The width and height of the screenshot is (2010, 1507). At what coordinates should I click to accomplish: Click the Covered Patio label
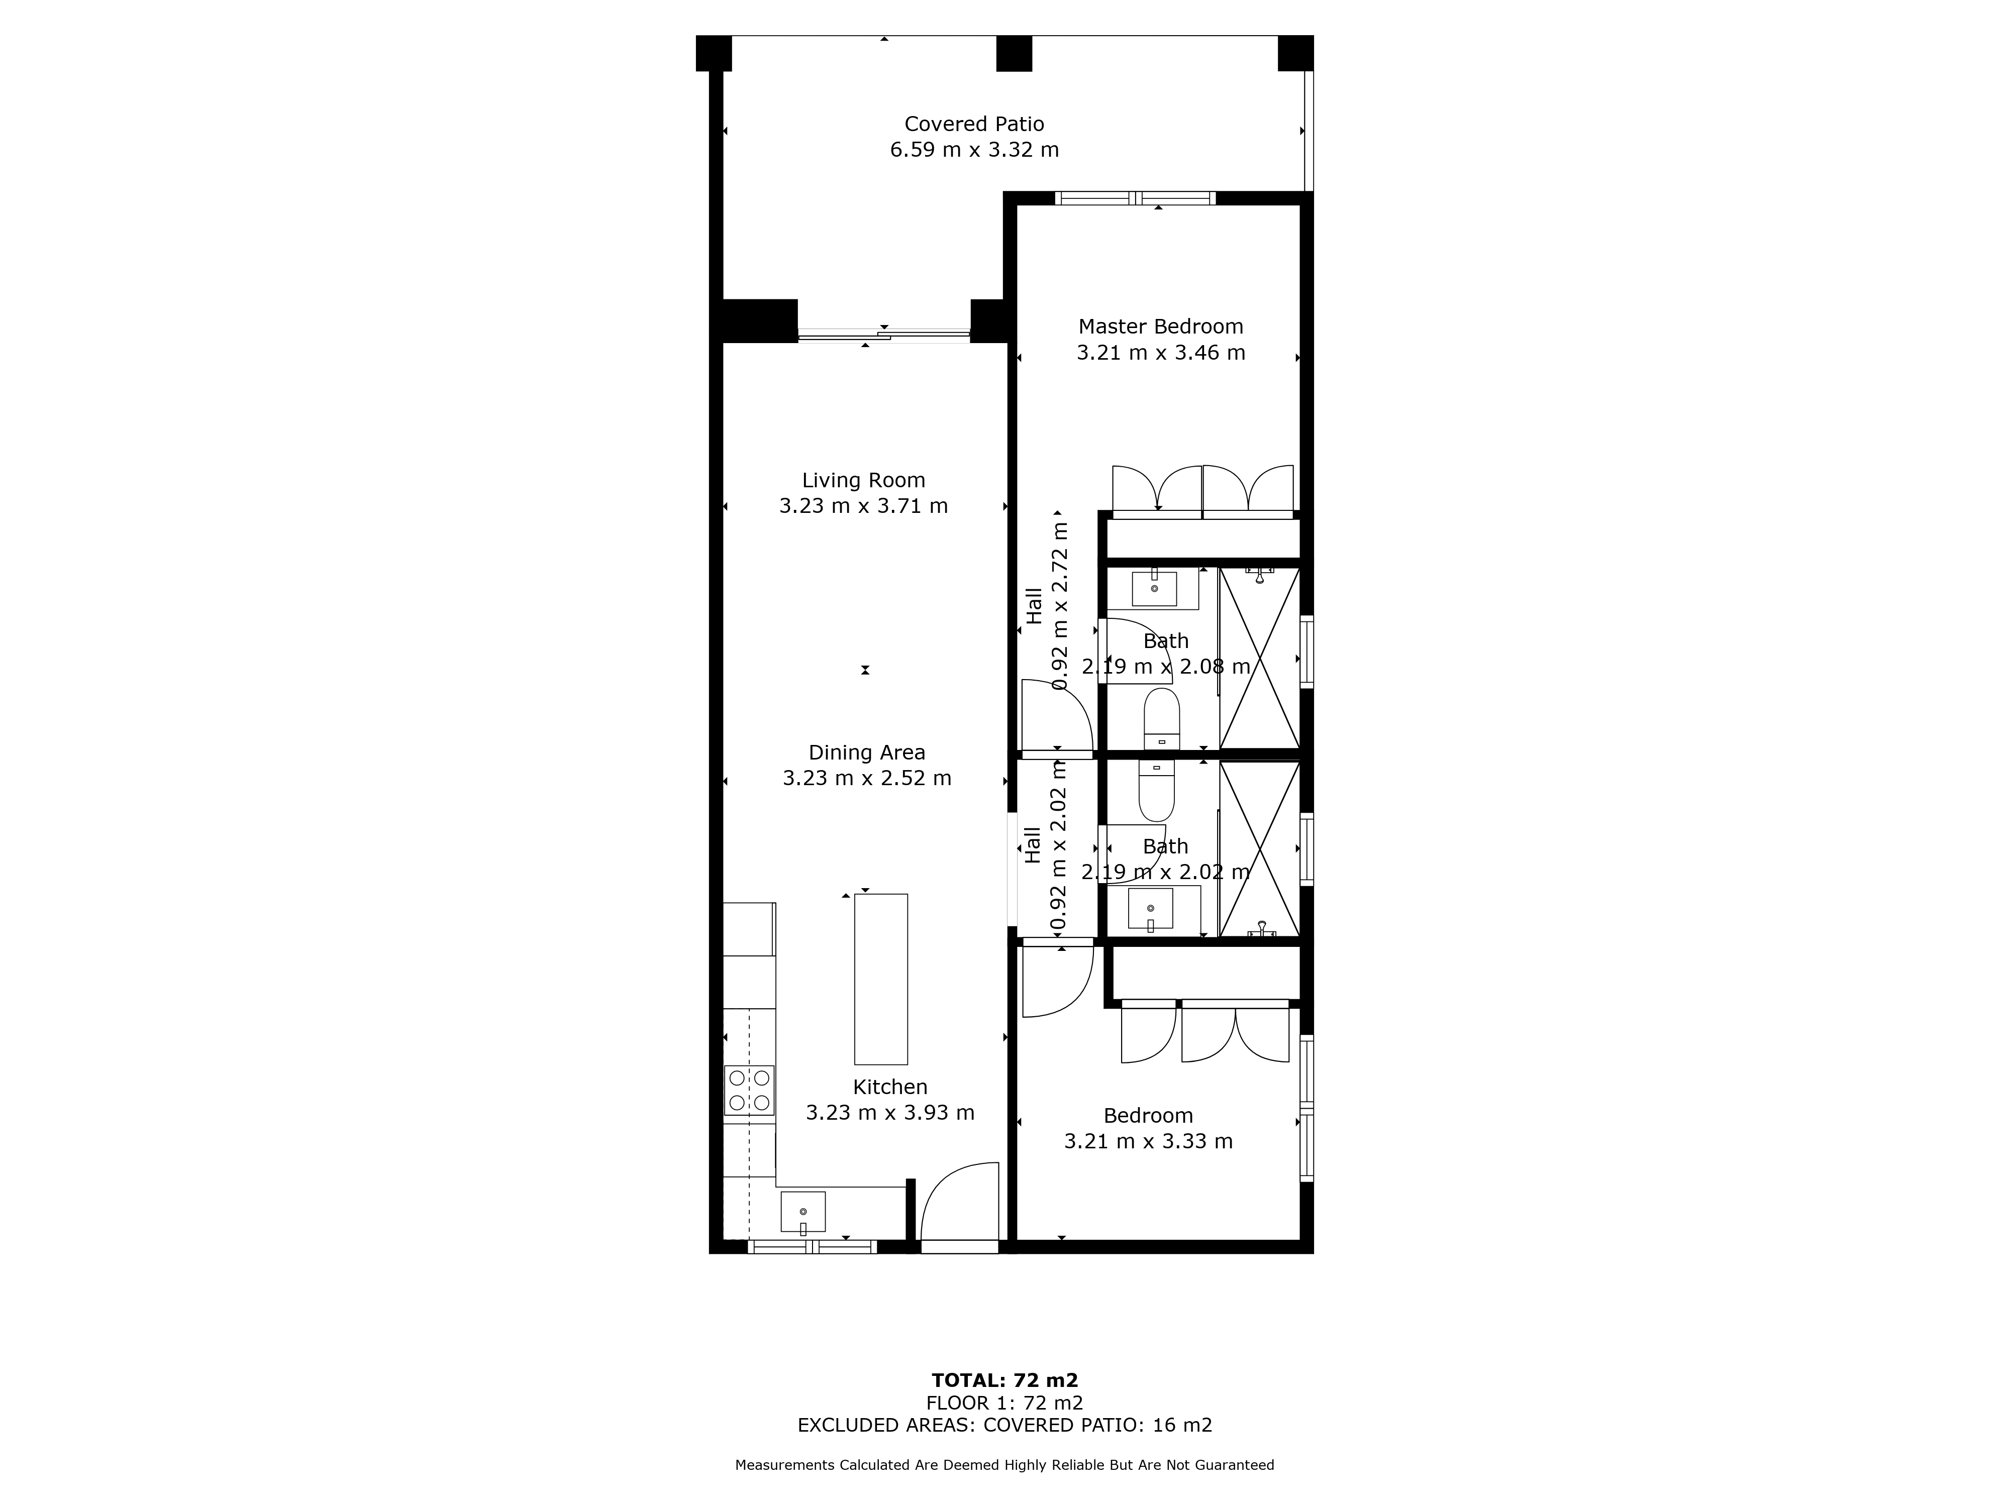pyautogui.click(x=974, y=124)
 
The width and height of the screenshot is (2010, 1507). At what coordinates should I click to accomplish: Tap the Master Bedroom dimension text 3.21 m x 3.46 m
pyautogui.click(x=1160, y=353)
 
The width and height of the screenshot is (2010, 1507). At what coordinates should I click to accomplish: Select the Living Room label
pyautogui.click(x=863, y=481)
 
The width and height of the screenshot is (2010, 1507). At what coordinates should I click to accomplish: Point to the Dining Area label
pyautogui.click(x=867, y=753)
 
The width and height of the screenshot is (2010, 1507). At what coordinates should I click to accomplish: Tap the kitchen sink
pyautogui.click(x=803, y=1213)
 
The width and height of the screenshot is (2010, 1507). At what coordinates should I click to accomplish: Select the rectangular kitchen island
pyautogui.click(x=880, y=979)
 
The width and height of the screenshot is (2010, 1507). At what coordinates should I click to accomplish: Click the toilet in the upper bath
pyautogui.click(x=1161, y=718)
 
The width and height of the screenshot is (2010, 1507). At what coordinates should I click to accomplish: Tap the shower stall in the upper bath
pyautogui.click(x=1259, y=659)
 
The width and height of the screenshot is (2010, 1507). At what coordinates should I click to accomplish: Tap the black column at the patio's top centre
pyautogui.click(x=1014, y=54)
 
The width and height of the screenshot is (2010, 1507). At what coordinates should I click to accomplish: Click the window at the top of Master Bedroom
pyautogui.click(x=1135, y=198)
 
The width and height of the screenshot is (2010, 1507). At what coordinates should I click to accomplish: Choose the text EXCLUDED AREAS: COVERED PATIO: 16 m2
pyautogui.click(x=1005, y=1425)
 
